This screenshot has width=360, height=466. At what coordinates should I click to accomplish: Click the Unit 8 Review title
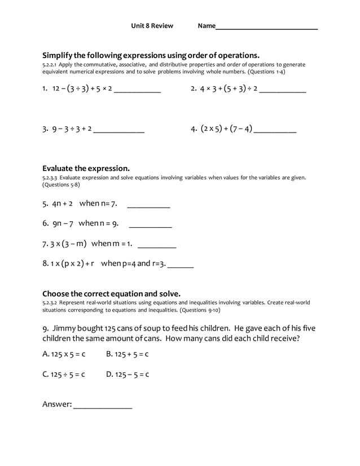point(152,26)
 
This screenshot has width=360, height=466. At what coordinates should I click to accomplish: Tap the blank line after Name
point(266,28)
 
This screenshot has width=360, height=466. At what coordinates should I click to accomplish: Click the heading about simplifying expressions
point(151,55)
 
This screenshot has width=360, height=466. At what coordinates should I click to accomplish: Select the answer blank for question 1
point(137,91)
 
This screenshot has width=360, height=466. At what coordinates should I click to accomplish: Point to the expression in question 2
point(229,89)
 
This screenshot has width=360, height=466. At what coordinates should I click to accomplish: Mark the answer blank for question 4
point(275,131)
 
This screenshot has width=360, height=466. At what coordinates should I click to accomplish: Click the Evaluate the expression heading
point(86,168)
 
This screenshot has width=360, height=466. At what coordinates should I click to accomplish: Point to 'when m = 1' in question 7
point(112,244)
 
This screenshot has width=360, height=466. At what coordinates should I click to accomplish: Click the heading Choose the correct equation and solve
point(111,293)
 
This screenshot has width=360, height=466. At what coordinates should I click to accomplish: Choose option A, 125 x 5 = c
point(64,354)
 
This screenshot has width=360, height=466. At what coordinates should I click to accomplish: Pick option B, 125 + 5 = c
point(127,354)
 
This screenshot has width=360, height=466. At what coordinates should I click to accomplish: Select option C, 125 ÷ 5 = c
point(64,374)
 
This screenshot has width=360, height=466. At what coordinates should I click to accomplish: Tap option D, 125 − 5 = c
point(127,374)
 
